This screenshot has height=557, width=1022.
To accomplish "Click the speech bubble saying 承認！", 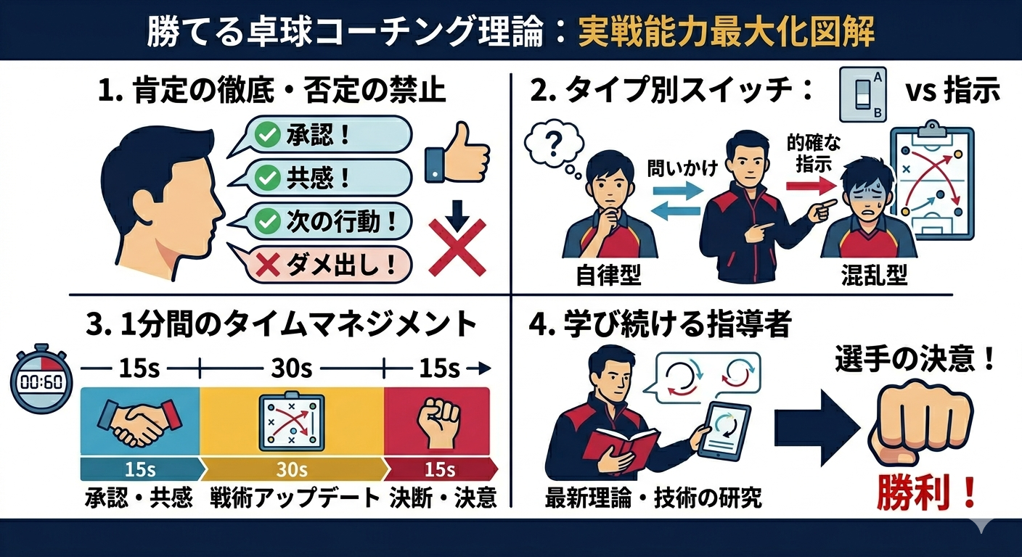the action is (x=319, y=136).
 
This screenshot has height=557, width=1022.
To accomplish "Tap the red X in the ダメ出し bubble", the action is (x=267, y=265).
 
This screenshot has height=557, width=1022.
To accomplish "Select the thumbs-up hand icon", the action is (x=457, y=153).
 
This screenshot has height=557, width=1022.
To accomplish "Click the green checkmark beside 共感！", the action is (x=267, y=178).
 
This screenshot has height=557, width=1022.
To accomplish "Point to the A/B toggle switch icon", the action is (x=863, y=95).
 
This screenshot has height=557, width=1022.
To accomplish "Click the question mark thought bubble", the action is (x=554, y=146).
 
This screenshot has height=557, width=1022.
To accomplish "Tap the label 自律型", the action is (x=608, y=276).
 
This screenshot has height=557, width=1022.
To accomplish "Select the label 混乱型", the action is (x=874, y=276).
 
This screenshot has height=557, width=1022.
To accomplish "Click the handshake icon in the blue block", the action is (x=139, y=422).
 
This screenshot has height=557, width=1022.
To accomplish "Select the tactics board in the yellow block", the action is (x=292, y=422).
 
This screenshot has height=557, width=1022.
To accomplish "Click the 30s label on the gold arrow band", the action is (x=292, y=469).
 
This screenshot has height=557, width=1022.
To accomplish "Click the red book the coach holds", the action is (x=621, y=449).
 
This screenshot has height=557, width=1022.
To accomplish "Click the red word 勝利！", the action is (x=926, y=493).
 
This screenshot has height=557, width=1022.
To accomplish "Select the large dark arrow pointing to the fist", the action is (x=815, y=428).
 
